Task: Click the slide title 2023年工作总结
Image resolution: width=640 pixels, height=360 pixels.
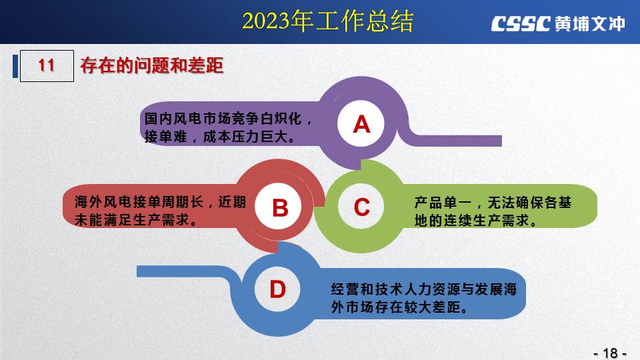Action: tap(328, 21)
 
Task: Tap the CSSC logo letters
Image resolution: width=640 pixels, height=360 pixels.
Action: tap(521, 24)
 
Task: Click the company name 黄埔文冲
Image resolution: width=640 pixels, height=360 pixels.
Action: tap(590, 24)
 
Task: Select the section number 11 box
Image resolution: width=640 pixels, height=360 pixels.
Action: tap(47, 66)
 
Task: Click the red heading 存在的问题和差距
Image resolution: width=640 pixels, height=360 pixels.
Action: tap(152, 66)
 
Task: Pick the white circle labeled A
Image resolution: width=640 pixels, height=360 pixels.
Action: tap(361, 124)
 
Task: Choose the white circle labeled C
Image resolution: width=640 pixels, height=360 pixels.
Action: tap(361, 207)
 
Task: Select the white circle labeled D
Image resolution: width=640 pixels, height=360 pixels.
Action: tap(277, 289)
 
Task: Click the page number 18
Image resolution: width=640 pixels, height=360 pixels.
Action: tap(610, 353)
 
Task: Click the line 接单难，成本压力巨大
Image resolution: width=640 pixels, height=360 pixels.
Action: tap(219, 136)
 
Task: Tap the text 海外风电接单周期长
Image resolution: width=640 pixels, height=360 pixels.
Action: tap(139, 201)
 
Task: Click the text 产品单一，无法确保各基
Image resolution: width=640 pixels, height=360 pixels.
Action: tap(493, 203)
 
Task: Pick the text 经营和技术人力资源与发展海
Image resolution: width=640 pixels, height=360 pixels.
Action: tap(424, 289)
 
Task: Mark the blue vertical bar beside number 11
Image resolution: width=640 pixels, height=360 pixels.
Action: tap(15, 66)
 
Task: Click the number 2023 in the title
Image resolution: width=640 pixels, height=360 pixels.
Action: tap(266, 21)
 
